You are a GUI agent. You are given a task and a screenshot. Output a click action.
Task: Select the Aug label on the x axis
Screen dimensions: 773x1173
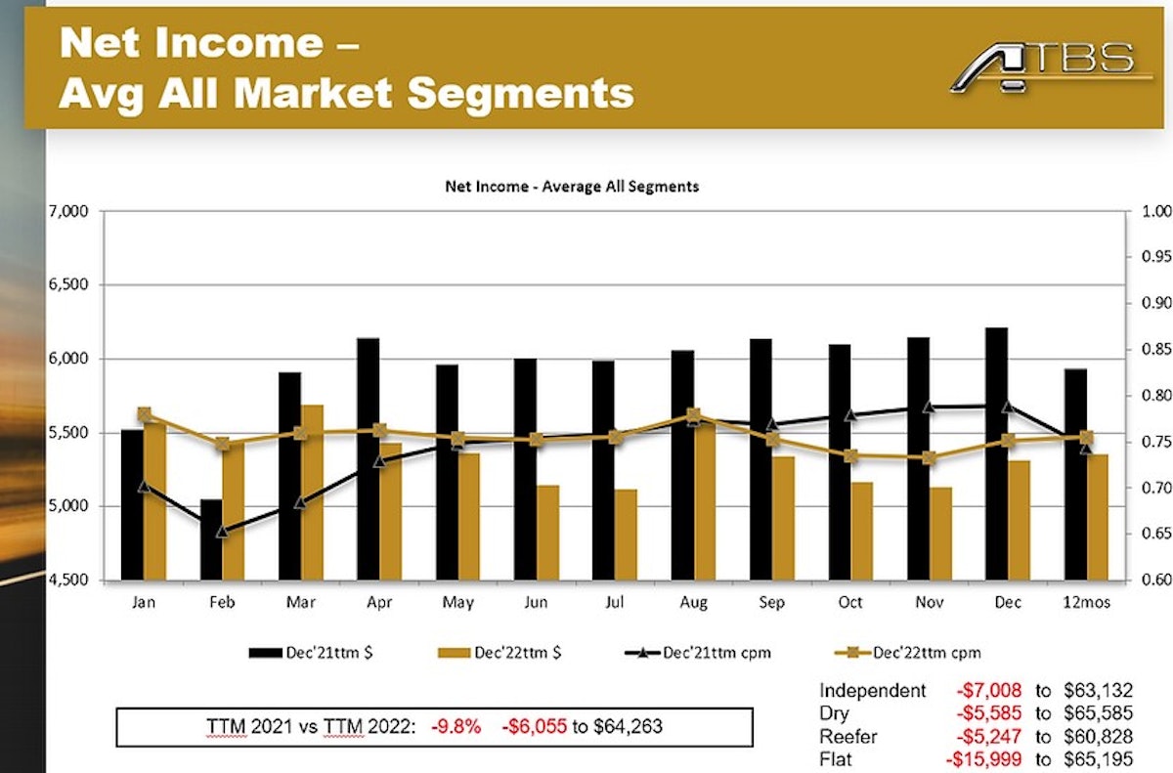tap(693, 603)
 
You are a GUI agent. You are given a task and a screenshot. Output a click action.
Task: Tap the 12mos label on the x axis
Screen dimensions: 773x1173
tap(1087, 603)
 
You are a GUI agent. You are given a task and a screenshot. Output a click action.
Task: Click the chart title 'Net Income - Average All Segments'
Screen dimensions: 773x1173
tap(572, 186)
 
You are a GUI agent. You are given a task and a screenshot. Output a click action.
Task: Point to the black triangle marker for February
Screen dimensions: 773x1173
tap(222, 532)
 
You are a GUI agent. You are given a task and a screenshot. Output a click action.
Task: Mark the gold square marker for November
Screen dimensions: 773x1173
tap(929, 457)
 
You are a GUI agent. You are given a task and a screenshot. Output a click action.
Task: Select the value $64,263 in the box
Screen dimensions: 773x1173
tap(631, 726)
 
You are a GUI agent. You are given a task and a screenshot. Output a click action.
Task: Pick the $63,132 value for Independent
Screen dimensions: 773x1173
tap(1098, 691)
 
